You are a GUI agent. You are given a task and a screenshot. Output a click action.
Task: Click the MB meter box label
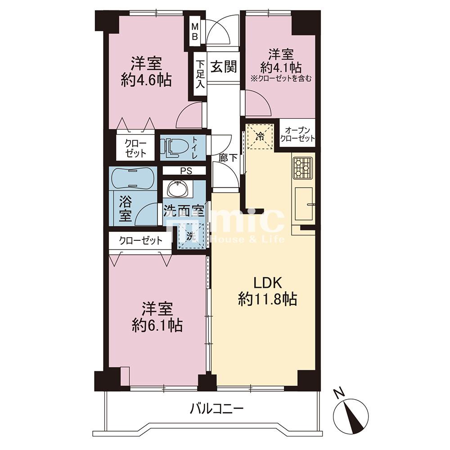point(195,31)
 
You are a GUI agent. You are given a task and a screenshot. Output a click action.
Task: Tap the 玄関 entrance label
point(224,67)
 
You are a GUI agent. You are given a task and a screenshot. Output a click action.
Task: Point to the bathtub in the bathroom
point(133,178)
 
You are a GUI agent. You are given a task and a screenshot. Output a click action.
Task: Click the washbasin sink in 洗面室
point(177,189)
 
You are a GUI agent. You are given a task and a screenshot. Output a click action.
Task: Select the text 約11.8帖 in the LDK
point(267,299)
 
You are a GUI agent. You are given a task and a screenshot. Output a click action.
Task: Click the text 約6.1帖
point(157,325)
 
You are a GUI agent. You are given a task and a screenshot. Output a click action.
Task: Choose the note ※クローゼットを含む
point(281,78)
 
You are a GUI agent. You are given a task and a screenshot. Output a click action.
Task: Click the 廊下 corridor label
point(228,157)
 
